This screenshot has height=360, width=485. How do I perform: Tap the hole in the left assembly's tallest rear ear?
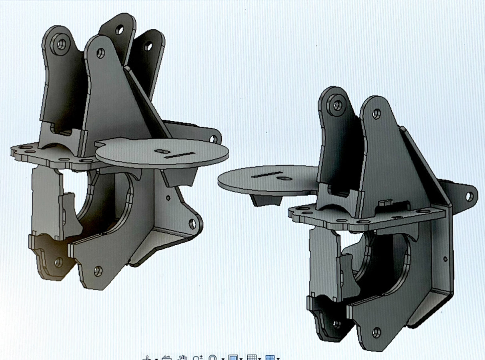(119, 30)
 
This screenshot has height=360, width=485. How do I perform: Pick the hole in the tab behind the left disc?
(213, 138)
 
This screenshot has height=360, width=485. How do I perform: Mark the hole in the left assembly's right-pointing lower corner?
(192, 224)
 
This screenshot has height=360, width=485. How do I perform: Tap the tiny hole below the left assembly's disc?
(168, 197)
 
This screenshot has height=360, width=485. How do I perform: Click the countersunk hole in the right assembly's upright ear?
(337, 105)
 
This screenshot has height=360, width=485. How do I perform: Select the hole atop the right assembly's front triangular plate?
(376, 114)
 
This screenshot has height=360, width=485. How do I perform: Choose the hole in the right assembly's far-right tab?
(470, 196)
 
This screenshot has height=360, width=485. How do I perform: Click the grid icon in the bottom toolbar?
(251, 357)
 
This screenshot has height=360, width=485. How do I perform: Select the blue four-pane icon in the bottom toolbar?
(270, 357)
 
